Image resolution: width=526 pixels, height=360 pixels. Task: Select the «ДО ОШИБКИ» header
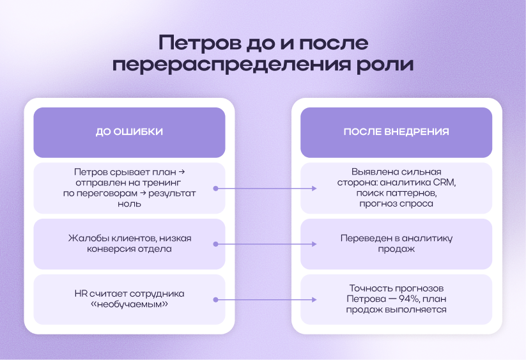[x=129, y=132]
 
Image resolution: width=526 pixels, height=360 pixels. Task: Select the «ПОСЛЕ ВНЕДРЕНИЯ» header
[x=396, y=132]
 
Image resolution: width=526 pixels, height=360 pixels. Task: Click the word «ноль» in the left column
[x=129, y=204]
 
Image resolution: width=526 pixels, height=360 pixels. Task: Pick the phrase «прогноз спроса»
[x=396, y=204]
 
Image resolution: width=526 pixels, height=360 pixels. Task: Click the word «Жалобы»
[x=86, y=239]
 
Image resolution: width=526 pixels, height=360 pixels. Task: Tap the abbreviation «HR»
[x=81, y=293]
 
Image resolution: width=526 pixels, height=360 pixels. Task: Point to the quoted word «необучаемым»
[x=129, y=304]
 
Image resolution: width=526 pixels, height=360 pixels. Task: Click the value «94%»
[x=411, y=299]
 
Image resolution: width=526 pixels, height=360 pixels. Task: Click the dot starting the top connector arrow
[x=216, y=189]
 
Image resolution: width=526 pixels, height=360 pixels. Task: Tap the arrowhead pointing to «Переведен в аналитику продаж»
[x=315, y=244]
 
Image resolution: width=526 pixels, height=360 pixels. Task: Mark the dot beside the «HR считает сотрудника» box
[x=216, y=300]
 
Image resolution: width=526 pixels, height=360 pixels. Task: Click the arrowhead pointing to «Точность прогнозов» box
[x=315, y=300]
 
